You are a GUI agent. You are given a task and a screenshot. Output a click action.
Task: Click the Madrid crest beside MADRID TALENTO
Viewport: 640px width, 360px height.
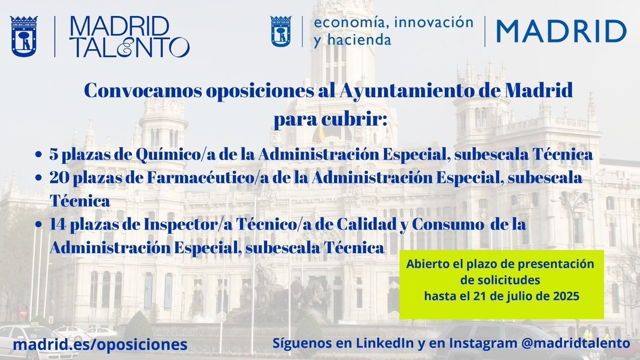tap(24, 36)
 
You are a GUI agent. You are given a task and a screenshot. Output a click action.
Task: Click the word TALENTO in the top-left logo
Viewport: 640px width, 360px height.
tap(129, 47)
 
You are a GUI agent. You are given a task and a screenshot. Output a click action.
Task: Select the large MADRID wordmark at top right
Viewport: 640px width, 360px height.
tap(561, 31)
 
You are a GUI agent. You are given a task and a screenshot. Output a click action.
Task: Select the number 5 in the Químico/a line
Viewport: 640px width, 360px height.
tap(53, 155)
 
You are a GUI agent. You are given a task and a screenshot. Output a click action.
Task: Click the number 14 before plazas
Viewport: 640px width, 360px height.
tap(58, 225)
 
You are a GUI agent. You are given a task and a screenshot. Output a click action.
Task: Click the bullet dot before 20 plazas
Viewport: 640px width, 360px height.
tap(38, 179)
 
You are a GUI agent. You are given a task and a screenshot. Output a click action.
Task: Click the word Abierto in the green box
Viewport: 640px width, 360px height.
tap(425, 263)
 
